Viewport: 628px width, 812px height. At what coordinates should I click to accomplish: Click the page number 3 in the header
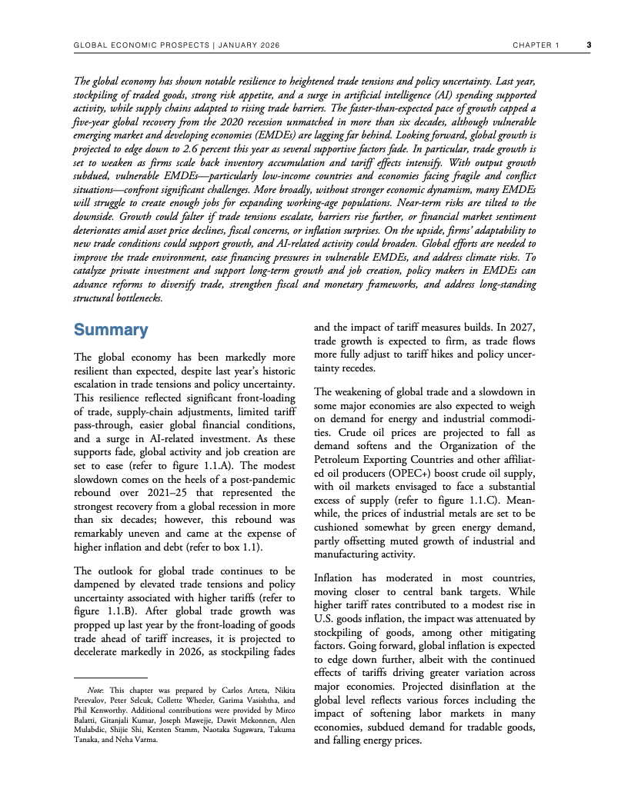pyautogui.click(x=588, y=45)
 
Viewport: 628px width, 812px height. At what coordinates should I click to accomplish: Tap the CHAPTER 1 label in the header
pyautogui.click(x=536, y=45)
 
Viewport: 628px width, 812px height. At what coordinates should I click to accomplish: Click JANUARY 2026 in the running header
pyautogui.click(x=249, y=45)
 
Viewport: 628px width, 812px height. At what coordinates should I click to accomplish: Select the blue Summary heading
pyautogui.click(x=110, y=330)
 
